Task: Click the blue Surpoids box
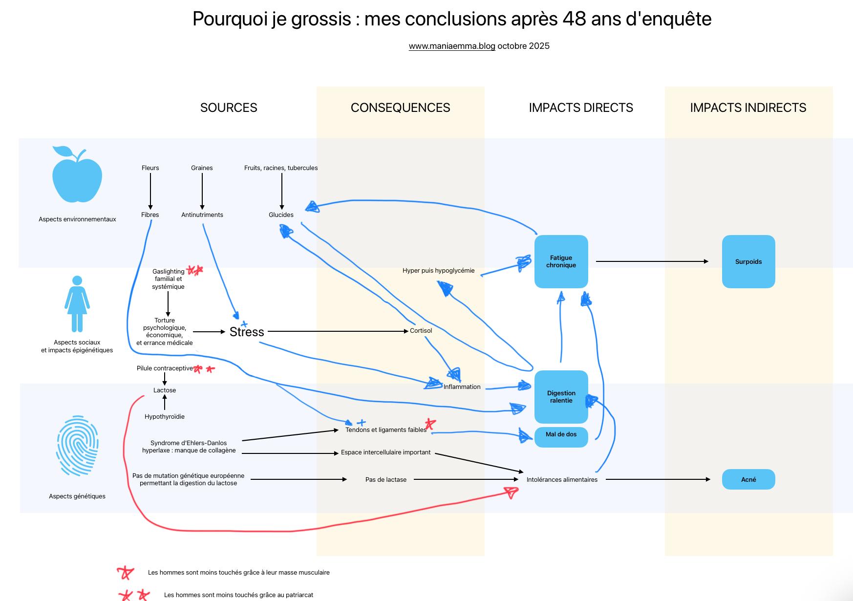click(x=748, y=262)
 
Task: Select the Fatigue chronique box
click(x=561, y=261)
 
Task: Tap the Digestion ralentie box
click(x=561, y=397)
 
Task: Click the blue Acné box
click(x=748, y=479)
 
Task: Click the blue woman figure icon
click(x=77, y=304)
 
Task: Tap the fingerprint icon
click(x=77, y=446)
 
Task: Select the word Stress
click(x=247, y=332)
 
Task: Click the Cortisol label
click(x=421, y=331)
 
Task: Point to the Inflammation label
click(x=462, y=387)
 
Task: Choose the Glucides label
click(x=281, y=215)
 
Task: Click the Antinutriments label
click(x=202, y=215)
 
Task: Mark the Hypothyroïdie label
click(x=165, y=417)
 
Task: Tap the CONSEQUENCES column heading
click(x=401, y=107)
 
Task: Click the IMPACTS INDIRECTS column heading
click(x=748, y=107)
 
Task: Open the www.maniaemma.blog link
click(x=452, y=46)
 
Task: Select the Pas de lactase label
click(x=386, y=480)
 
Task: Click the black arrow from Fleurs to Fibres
click(x=150, y=191)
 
